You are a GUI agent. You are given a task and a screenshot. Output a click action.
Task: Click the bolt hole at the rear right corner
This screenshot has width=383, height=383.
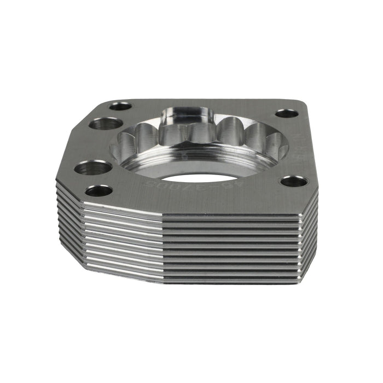[x=287, y=114]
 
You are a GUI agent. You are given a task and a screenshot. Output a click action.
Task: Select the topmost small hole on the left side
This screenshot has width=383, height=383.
[x=120, y=106]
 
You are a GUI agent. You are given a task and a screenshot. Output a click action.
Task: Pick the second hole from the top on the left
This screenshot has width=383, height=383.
[x=106, y=124]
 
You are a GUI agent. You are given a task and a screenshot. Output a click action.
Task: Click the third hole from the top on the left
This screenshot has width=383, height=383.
[x=92, y=167]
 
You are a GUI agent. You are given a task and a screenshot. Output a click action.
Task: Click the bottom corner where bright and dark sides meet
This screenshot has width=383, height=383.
[x=165, y=283]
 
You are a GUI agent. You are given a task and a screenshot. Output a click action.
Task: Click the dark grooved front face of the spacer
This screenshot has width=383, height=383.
[x=235, y=246]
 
